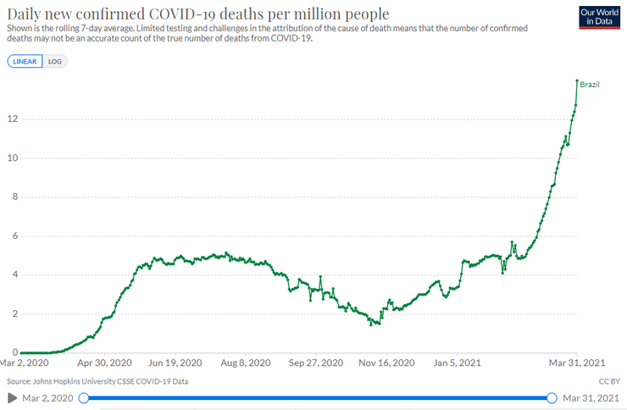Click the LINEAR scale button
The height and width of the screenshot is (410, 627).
(25, 62)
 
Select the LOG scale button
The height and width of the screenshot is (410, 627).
(55, 62)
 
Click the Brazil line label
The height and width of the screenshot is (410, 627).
(590, 85)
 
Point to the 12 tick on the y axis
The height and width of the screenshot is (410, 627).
(10, 119)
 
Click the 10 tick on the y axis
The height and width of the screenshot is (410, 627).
(10, 158)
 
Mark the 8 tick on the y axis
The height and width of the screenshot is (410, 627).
(12, 197)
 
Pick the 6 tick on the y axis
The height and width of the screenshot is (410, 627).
(12, 236)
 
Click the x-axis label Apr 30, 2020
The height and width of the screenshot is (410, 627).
(104, 362)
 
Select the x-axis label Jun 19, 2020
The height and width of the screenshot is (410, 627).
(175, 362)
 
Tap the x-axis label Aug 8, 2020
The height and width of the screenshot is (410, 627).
(245, 362)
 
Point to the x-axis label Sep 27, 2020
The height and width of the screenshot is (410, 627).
(315, 362)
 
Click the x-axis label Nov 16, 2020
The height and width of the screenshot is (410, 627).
(386, 362)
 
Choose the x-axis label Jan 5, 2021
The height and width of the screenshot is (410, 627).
(457, 362)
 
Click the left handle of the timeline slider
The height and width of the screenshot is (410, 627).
(83, 397)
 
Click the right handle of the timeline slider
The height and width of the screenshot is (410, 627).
(552, 397)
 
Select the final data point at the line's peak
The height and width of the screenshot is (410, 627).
(577, 80)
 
